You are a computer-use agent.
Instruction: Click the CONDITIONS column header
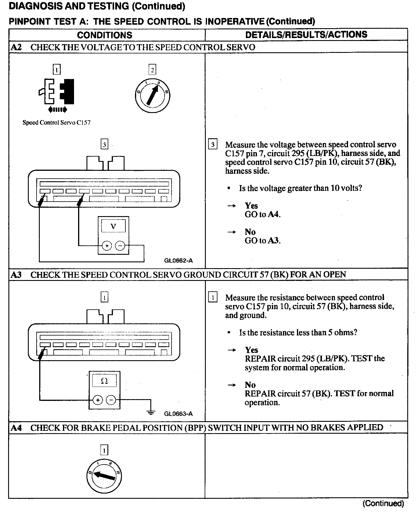(105, 35)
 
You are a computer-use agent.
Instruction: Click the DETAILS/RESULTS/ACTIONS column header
(306, 35)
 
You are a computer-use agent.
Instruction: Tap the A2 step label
(16, 47)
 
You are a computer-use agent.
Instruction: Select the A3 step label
(16, 275)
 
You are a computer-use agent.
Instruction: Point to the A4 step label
(16, 428)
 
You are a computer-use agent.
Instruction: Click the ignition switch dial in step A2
(152, 95)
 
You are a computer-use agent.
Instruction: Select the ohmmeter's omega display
(104, 381)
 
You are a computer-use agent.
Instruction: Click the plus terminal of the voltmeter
(107, 246)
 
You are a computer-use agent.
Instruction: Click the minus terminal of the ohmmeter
(111, 400)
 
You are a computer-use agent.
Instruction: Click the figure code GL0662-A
(178, 261)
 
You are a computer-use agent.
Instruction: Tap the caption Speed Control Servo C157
(57, 123)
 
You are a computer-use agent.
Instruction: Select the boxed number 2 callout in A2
(152, 70)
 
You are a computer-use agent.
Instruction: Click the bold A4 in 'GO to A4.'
(274, 215)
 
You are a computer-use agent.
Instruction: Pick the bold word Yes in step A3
(251, 350)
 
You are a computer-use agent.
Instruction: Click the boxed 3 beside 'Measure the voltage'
(213, 144)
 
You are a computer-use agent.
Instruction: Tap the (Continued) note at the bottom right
(383, 503)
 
